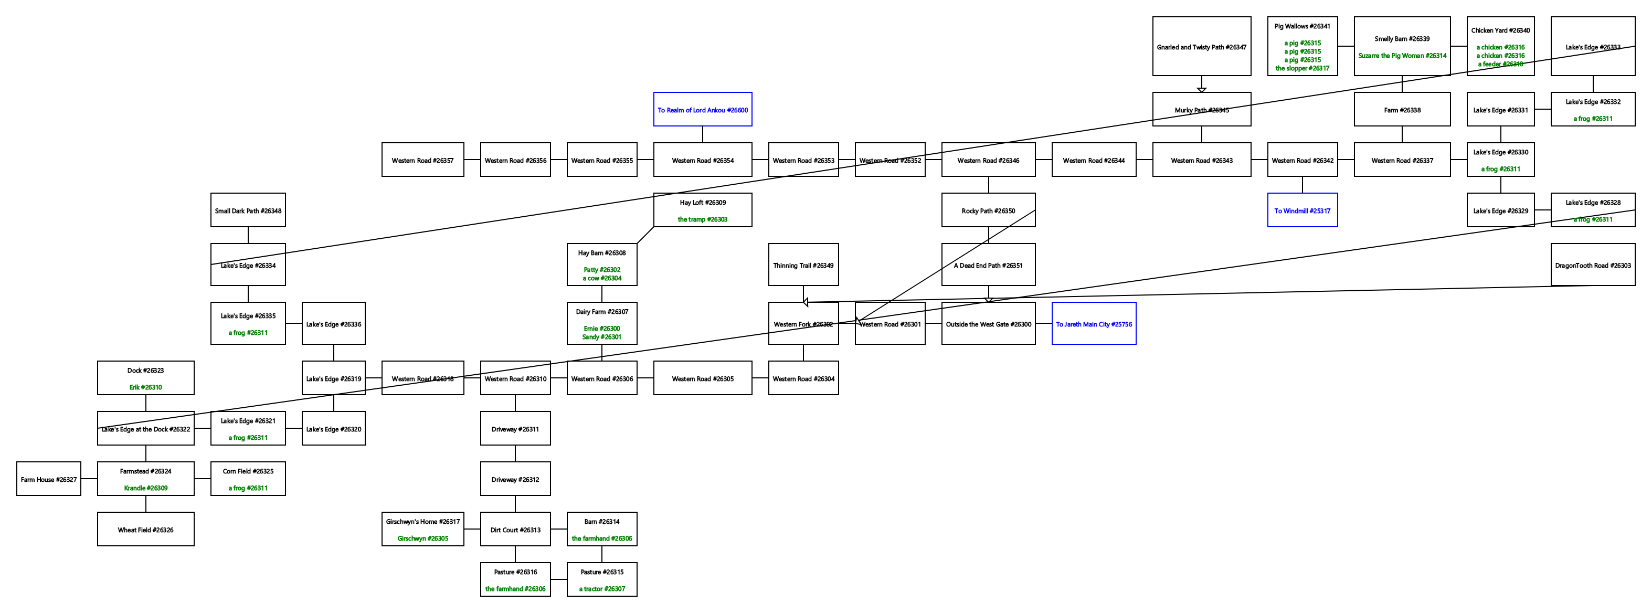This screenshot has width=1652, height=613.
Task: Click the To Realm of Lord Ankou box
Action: (x=702, y=110)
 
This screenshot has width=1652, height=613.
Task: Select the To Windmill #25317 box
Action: (x=1302, y=210)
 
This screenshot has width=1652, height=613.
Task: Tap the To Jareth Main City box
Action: (x=1094, y=324)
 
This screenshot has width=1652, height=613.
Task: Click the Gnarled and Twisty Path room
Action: (x=1201, y=47)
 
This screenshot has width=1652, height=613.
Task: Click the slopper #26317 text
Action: (x=1302, y=68)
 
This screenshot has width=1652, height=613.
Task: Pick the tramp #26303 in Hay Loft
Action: (x=702, y=219)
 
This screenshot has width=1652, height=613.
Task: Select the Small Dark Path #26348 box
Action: (x=248, y=210)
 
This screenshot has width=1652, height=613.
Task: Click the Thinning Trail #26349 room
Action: (x=803, y=265)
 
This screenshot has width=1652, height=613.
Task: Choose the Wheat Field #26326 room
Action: (x=145, y=530)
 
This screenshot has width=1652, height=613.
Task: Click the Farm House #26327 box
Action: (x=49, y=479)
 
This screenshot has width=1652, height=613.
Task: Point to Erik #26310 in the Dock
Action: (x=145, y=387)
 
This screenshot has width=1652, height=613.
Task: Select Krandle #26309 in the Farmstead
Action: (x=145, y=488)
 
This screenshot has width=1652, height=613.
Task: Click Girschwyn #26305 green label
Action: (x=422, y=538)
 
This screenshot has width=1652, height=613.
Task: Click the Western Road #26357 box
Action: (x=422, y=160)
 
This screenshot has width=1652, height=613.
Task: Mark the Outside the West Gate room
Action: (x=988, y=324)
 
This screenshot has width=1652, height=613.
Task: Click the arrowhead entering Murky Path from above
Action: (x=1201, y=90)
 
